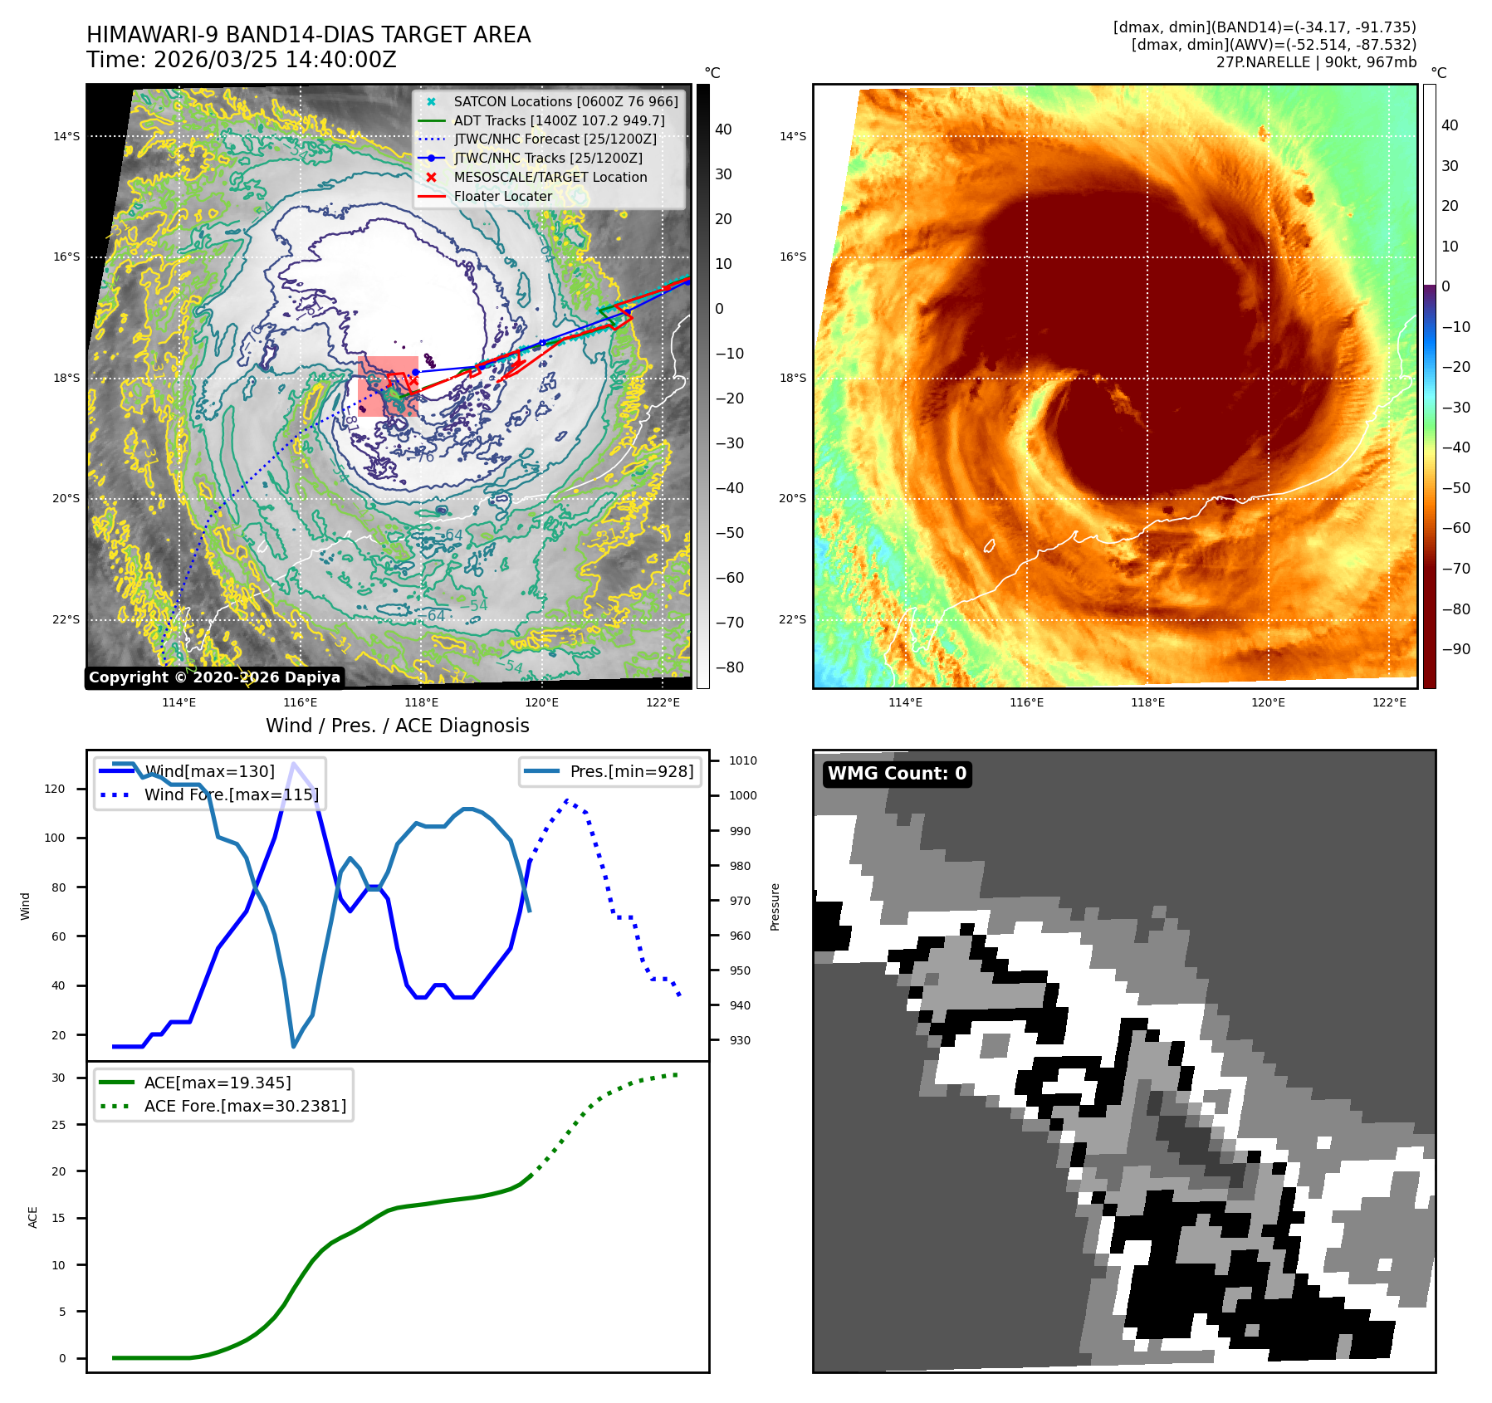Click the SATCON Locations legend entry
565,101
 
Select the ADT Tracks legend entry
559,120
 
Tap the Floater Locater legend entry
502,196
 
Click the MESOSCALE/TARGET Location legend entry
550,177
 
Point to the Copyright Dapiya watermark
214,677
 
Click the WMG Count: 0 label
897,774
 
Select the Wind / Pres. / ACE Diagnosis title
397,726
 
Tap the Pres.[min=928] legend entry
631,771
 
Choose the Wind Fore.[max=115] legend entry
231,794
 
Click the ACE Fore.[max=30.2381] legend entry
245,1106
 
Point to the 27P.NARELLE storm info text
1316,62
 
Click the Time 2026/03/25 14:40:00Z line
242,60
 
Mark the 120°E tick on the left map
541,702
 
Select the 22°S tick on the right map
792,619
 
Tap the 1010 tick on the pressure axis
742,760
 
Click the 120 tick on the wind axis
55,789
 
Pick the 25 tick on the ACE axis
58,1125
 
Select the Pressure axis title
775,907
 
